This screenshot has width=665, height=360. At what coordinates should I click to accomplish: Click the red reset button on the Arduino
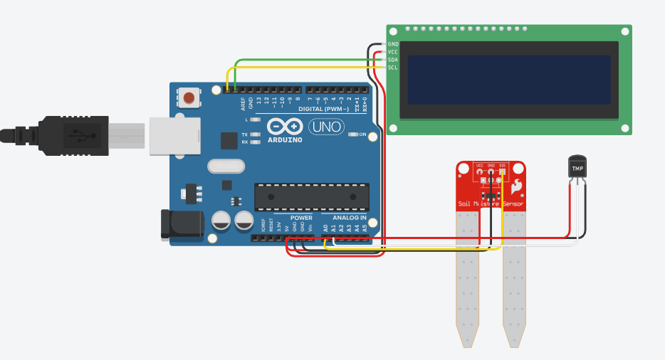point(189,97)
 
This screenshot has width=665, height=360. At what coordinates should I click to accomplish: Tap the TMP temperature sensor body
point(577,167)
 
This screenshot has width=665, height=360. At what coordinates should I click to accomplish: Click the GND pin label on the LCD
point(393,44)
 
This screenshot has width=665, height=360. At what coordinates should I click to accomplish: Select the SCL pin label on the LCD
point(393,68)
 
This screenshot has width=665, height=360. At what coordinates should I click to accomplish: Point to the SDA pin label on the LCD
point(393,60)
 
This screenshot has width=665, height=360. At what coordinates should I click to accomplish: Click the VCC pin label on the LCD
point(393,52)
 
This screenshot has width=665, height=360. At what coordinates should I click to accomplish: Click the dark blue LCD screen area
point(509,79)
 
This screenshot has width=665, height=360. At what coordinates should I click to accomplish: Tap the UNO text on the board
point(325,127)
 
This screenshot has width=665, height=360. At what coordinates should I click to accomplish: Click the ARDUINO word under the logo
point(286,140)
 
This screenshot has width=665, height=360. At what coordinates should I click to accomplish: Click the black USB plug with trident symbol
point(71,133)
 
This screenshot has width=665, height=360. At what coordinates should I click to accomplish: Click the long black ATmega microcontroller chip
point(313,197)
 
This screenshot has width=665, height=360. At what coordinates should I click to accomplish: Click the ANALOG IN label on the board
point(349,218)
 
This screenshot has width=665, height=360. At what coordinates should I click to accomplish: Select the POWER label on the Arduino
point(301,218)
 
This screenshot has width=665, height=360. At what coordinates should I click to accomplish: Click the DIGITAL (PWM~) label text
point(323,109)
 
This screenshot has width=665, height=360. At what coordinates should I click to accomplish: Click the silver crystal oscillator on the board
point(226,166)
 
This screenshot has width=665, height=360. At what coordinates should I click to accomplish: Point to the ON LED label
point(362,134)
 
